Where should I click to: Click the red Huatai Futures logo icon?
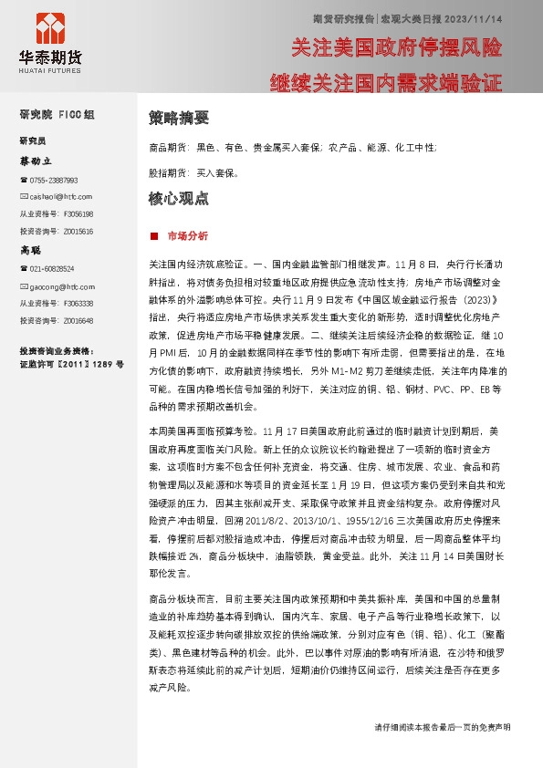tap(47, 30)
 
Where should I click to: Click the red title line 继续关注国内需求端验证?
tap(386, 83)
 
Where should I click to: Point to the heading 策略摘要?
tap(178, 118)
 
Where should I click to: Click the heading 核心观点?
tap(178, 198)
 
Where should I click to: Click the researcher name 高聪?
tap(31, 250)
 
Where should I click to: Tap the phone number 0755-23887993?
tap(53, 181)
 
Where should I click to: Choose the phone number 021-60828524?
tap(51, 268)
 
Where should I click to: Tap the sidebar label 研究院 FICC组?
tap(57, 115)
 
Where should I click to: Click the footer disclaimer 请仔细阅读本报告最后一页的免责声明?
tap(442, 728)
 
